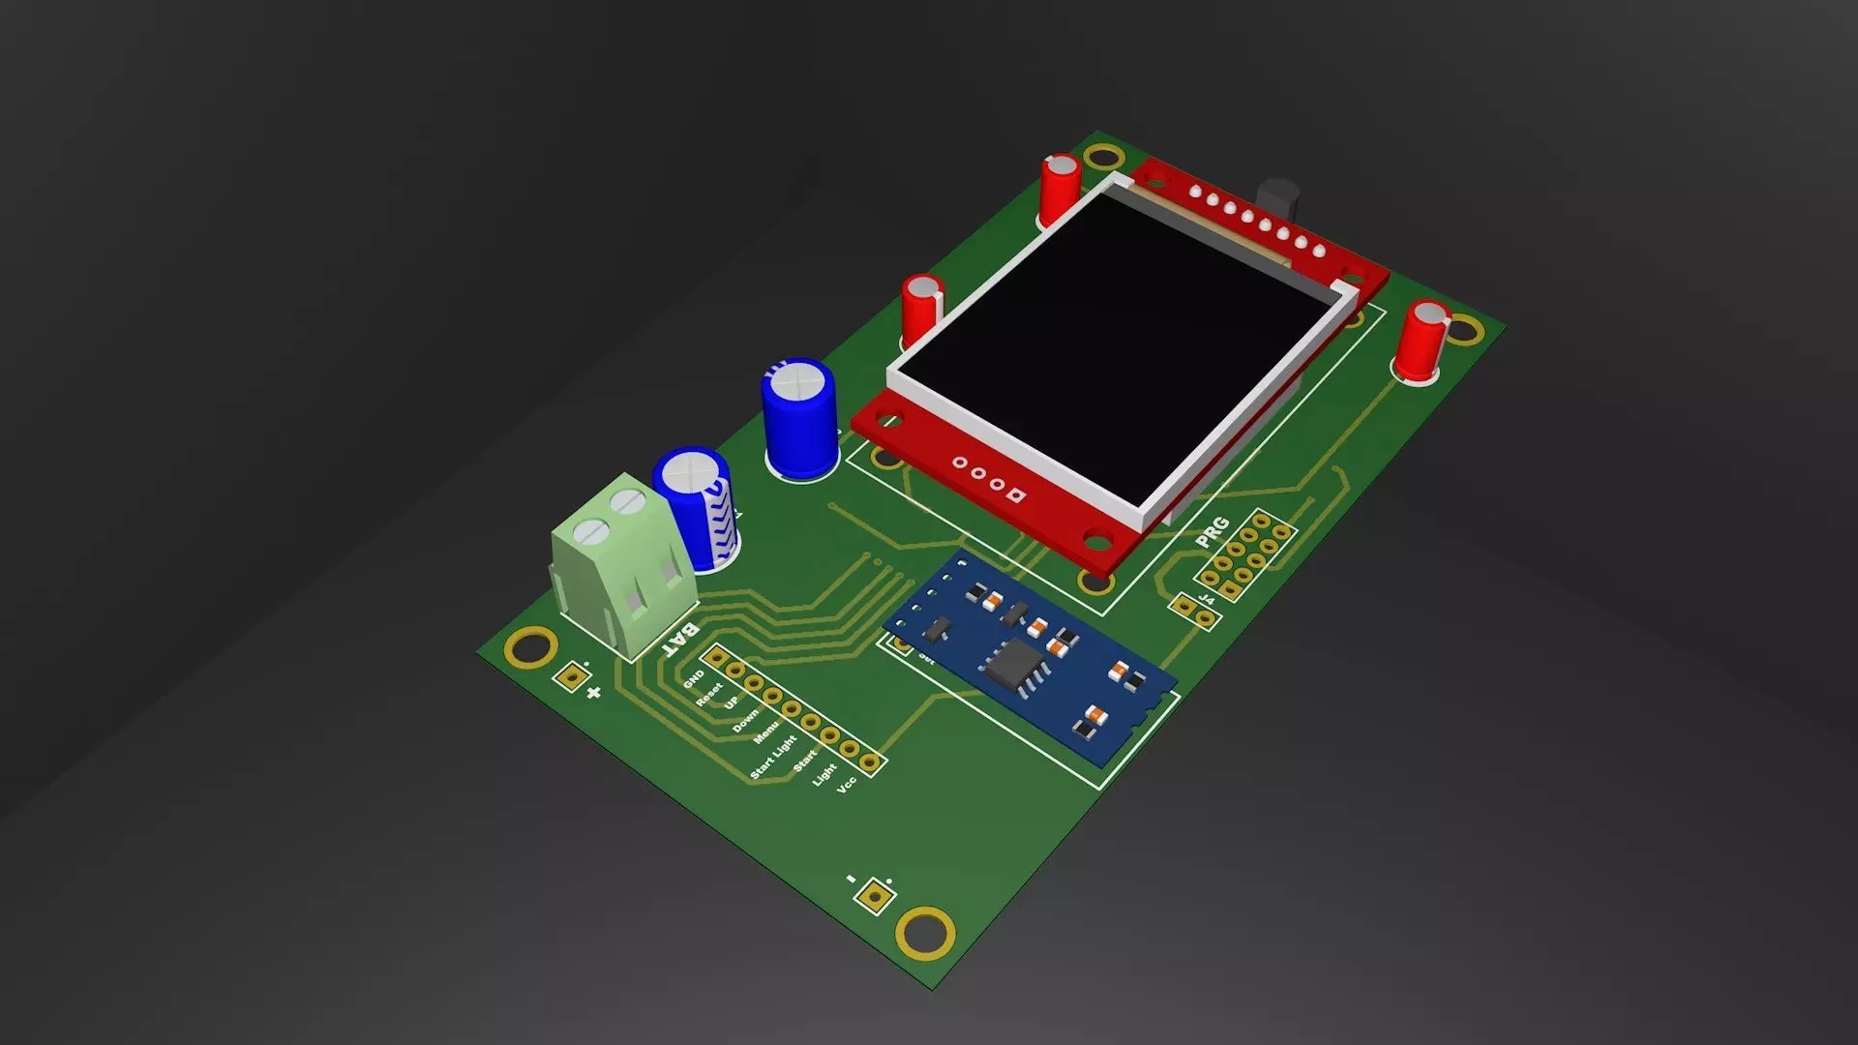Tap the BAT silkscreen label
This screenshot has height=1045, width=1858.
pyautogui.click(x=681, y=640)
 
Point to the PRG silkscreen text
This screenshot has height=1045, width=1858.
pyautogui.click(x=1212, y=531)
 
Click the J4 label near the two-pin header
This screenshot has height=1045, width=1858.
pyautogui.click(x=1207, y=600)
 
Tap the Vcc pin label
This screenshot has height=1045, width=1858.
pyautogui.click(x=847, y=784)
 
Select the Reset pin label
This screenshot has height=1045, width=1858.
pyautogui.click(x=709, y=694)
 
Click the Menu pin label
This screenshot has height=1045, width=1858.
pyautogui.click(x=766, y=732)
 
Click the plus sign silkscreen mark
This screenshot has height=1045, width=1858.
pyautogui.click(x=593, y=692)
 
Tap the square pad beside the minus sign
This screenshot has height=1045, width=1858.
pyautogui.click(x=875, y=896)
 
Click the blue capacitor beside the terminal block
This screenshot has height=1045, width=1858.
pyautogui.click(x=699, y=508)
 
